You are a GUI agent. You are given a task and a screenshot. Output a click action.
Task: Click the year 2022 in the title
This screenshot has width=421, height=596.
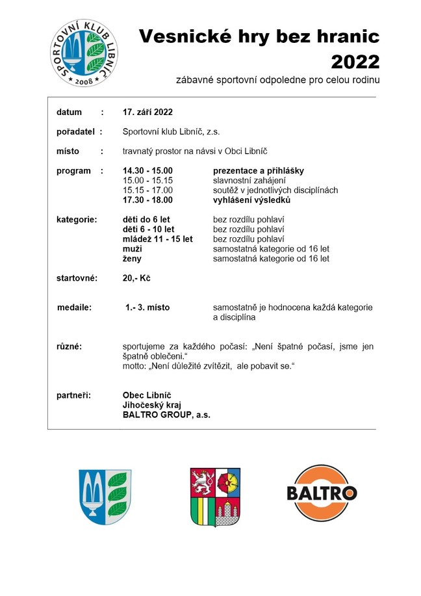(x=355, y=61)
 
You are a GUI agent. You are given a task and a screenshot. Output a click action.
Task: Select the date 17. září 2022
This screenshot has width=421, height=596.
(x=147, y=112)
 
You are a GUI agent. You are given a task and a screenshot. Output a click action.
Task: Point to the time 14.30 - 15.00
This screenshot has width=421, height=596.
(x=148, y=171)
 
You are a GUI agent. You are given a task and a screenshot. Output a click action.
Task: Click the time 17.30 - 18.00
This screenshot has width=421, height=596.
(x=148, y=200)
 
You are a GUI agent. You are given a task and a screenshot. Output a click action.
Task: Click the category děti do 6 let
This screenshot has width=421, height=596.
(x=146, y=220)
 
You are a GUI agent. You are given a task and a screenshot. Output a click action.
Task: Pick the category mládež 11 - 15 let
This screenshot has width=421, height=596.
(x=158, y=239)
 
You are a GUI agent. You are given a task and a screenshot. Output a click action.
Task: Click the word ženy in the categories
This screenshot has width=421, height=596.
(x=133, y=259)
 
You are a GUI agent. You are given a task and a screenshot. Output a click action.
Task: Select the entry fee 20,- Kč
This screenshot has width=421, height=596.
(x=136, y=278)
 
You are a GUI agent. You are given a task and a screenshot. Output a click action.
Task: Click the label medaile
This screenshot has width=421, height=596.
(x=74, y=307)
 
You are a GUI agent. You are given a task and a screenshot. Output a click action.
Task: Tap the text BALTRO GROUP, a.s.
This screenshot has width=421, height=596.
(x=166, y=414)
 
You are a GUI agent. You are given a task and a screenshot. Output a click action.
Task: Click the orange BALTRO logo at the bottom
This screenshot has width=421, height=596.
(x=322, y=492)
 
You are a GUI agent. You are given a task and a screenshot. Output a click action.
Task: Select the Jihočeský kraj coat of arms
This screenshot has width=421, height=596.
(x=215, y=496)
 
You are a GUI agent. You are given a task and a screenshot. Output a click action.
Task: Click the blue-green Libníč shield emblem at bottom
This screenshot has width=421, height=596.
(x=105, y=497)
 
